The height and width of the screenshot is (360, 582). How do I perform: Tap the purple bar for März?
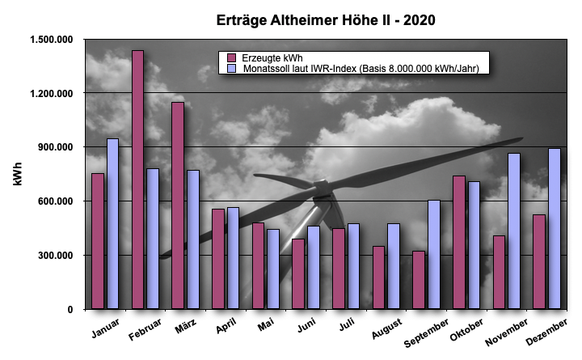(x=178, y=205)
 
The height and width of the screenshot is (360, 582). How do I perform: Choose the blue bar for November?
(x=514, y=231)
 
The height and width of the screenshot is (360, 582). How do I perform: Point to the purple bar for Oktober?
(x=458, y=243)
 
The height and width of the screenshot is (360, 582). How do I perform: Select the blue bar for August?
(x=394, y=266)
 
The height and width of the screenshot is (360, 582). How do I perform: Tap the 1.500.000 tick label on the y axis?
(x=51, y=40)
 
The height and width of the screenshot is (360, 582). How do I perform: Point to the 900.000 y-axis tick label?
(x=56, y=147)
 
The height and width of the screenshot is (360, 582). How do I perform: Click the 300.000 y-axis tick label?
(x=56, y=256)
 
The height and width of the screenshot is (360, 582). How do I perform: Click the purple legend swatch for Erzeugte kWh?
(x=230, y=57)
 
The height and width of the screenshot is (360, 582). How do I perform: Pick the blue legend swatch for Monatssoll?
(x=230, y=69)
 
